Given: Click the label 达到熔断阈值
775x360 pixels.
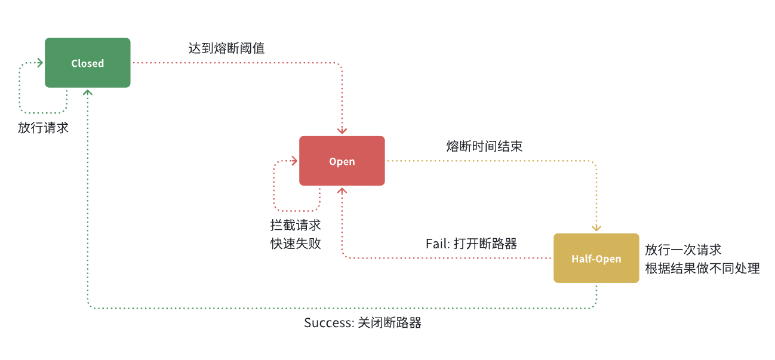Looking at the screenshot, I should (x=226, y=48).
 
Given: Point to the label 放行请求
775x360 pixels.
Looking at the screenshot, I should (x=43, y=128).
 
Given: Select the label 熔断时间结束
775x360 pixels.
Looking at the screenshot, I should (x=484, y=146).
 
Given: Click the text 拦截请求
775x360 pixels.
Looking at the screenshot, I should (x=296, y=226).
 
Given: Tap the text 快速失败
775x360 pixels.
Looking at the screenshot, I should (x=296, y=244).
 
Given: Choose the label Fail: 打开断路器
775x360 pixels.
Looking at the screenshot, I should (x=471, y=244).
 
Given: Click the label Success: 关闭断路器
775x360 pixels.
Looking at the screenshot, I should (x=362, y=323).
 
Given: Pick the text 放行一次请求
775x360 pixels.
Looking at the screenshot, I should (x=683, y=250).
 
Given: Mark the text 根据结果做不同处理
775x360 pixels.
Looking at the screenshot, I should (x=702, y=268).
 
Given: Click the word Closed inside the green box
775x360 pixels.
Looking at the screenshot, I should (x=88, y=63).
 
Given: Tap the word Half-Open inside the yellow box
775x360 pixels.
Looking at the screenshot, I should (x=596, y=259).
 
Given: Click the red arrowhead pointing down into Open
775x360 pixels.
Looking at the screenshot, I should (x=342, y=131).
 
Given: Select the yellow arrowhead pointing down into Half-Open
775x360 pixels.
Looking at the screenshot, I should (x=596, y=227).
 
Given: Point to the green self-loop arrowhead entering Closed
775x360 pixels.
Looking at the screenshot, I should (x=40, y=63).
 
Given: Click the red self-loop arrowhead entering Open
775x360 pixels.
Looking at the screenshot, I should (x=294, y=161).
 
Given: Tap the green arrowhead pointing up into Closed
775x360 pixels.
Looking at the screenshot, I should (x=88, y=92).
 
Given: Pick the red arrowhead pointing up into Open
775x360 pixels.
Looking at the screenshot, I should (x=342, y=190).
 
